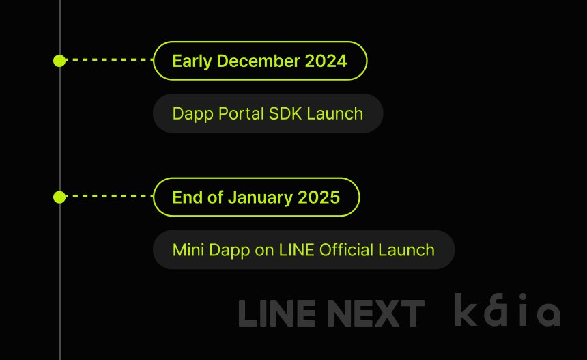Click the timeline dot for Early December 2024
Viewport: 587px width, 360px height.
pyautogui.click(x=59, y=61)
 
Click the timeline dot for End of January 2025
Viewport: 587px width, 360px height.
pyautogui.click(x=59, y=197)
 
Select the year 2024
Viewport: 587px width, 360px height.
pyautogui.click(x=326, y=61)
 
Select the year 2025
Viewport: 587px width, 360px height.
pyautogui.click(x=318, y=197)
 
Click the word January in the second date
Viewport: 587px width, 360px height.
pyautogui.click(x=260, y=197)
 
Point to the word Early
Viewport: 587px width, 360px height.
pyautogui.click(x=192, y=61)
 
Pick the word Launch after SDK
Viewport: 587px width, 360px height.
pyautogui.click(x=334, y=113)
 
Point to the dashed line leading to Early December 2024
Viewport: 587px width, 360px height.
pyautogui.click(x=109, y=61)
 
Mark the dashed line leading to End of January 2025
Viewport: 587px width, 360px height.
pyautogui.click(x=109, y=197)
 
